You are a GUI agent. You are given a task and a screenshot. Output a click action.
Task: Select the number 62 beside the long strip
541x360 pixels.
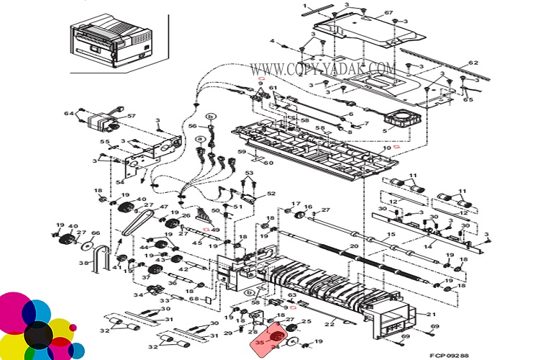(473, 63)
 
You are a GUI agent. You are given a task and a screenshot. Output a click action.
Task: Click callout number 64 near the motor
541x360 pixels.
(68, 113)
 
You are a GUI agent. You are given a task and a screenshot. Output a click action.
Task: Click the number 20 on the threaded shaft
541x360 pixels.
(353, 247)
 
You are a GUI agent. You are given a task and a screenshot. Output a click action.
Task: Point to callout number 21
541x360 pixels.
(432, 315)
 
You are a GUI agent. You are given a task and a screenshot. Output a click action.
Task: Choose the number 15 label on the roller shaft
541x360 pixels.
(391, 235)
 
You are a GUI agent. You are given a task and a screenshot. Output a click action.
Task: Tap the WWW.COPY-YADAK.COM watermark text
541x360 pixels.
(323, 69)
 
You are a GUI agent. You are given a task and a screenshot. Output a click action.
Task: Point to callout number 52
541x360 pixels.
(271, 194)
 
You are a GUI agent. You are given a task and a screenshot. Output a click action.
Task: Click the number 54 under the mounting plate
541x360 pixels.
(120, 183)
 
